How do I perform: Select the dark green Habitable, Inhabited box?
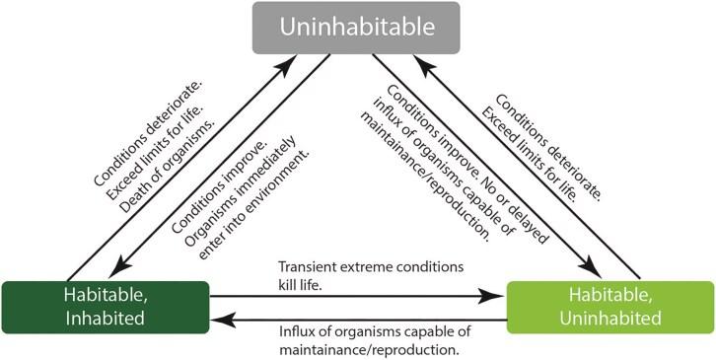tap(106, 306)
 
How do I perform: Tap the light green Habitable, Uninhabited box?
tap(610, 306)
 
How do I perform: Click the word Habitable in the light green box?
tap(610, 294)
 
